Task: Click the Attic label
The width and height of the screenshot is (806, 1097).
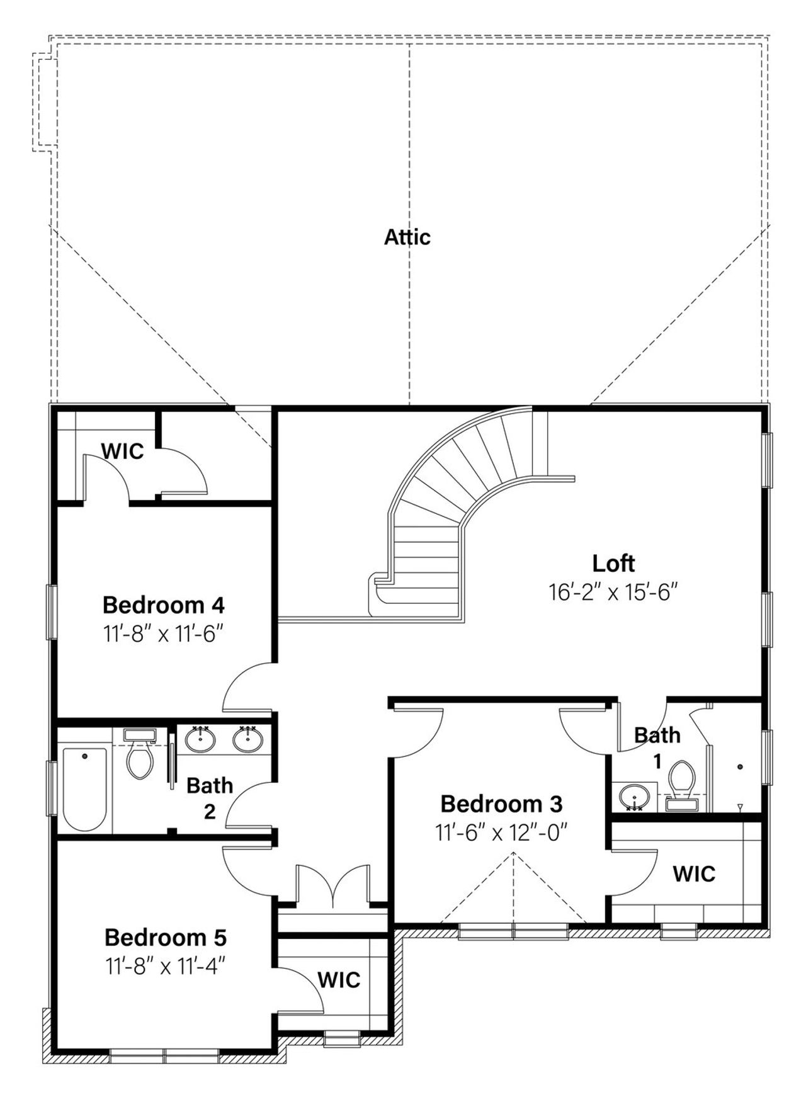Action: coord(407,237)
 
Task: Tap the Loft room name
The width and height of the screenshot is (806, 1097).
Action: coord(613,563)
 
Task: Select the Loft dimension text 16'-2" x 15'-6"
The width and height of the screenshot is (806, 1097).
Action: coord(613,593)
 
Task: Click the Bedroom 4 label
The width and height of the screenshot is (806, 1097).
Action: coord(164,605)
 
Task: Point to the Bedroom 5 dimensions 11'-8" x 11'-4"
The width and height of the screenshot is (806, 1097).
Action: coord(165,966)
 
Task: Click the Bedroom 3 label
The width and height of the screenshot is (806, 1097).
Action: coord(501,804)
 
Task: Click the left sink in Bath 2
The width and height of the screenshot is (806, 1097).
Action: coord(200,740)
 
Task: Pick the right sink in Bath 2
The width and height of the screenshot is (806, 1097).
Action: coord(248,740)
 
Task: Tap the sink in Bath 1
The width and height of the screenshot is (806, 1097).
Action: coord(631,797)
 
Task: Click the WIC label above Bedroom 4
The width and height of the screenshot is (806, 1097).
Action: coord(123,452)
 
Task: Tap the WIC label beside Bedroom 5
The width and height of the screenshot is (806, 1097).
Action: coord(339,980)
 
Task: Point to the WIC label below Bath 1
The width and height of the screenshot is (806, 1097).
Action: coord(694,874)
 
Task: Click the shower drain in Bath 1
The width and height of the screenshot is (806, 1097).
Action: coord(740,766)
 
